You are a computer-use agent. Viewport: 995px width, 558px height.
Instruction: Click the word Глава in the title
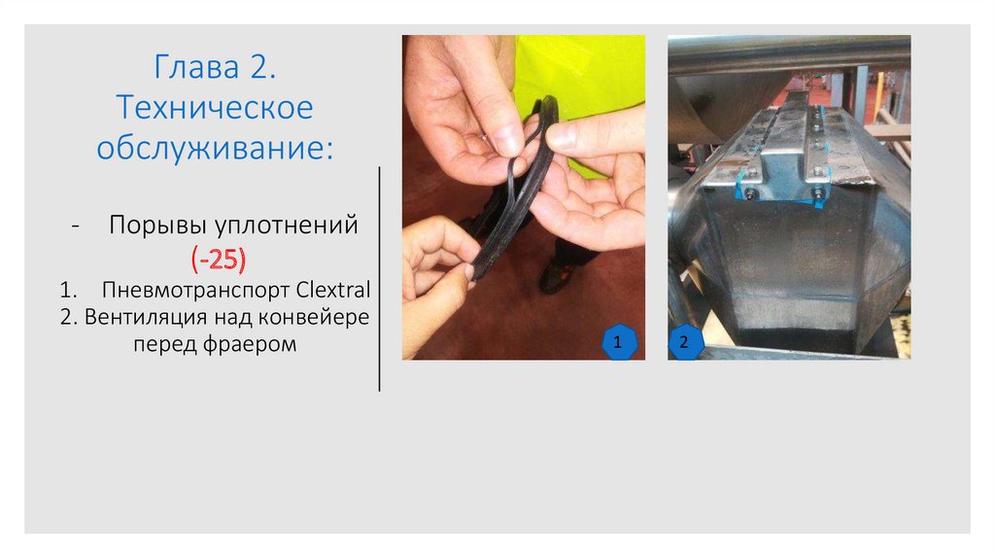pos(196,67)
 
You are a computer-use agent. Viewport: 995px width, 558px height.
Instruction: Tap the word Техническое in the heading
pos(215,107)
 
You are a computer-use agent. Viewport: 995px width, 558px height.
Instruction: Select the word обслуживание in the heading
pos(215,149)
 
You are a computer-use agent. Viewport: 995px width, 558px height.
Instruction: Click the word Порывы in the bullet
pos(158,226)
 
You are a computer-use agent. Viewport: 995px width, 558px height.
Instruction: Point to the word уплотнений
pos(287,226)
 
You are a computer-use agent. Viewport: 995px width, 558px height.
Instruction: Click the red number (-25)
pos(219,259)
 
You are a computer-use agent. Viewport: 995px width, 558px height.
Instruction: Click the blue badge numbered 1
pos(618,342)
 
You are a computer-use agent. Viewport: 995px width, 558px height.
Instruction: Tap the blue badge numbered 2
pos(685,342)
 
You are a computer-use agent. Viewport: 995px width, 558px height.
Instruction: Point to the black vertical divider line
pos(380,279)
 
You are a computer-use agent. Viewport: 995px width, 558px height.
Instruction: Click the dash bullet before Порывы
pos(76,227)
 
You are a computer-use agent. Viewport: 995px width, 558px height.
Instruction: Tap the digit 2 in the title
pos(258,67)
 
